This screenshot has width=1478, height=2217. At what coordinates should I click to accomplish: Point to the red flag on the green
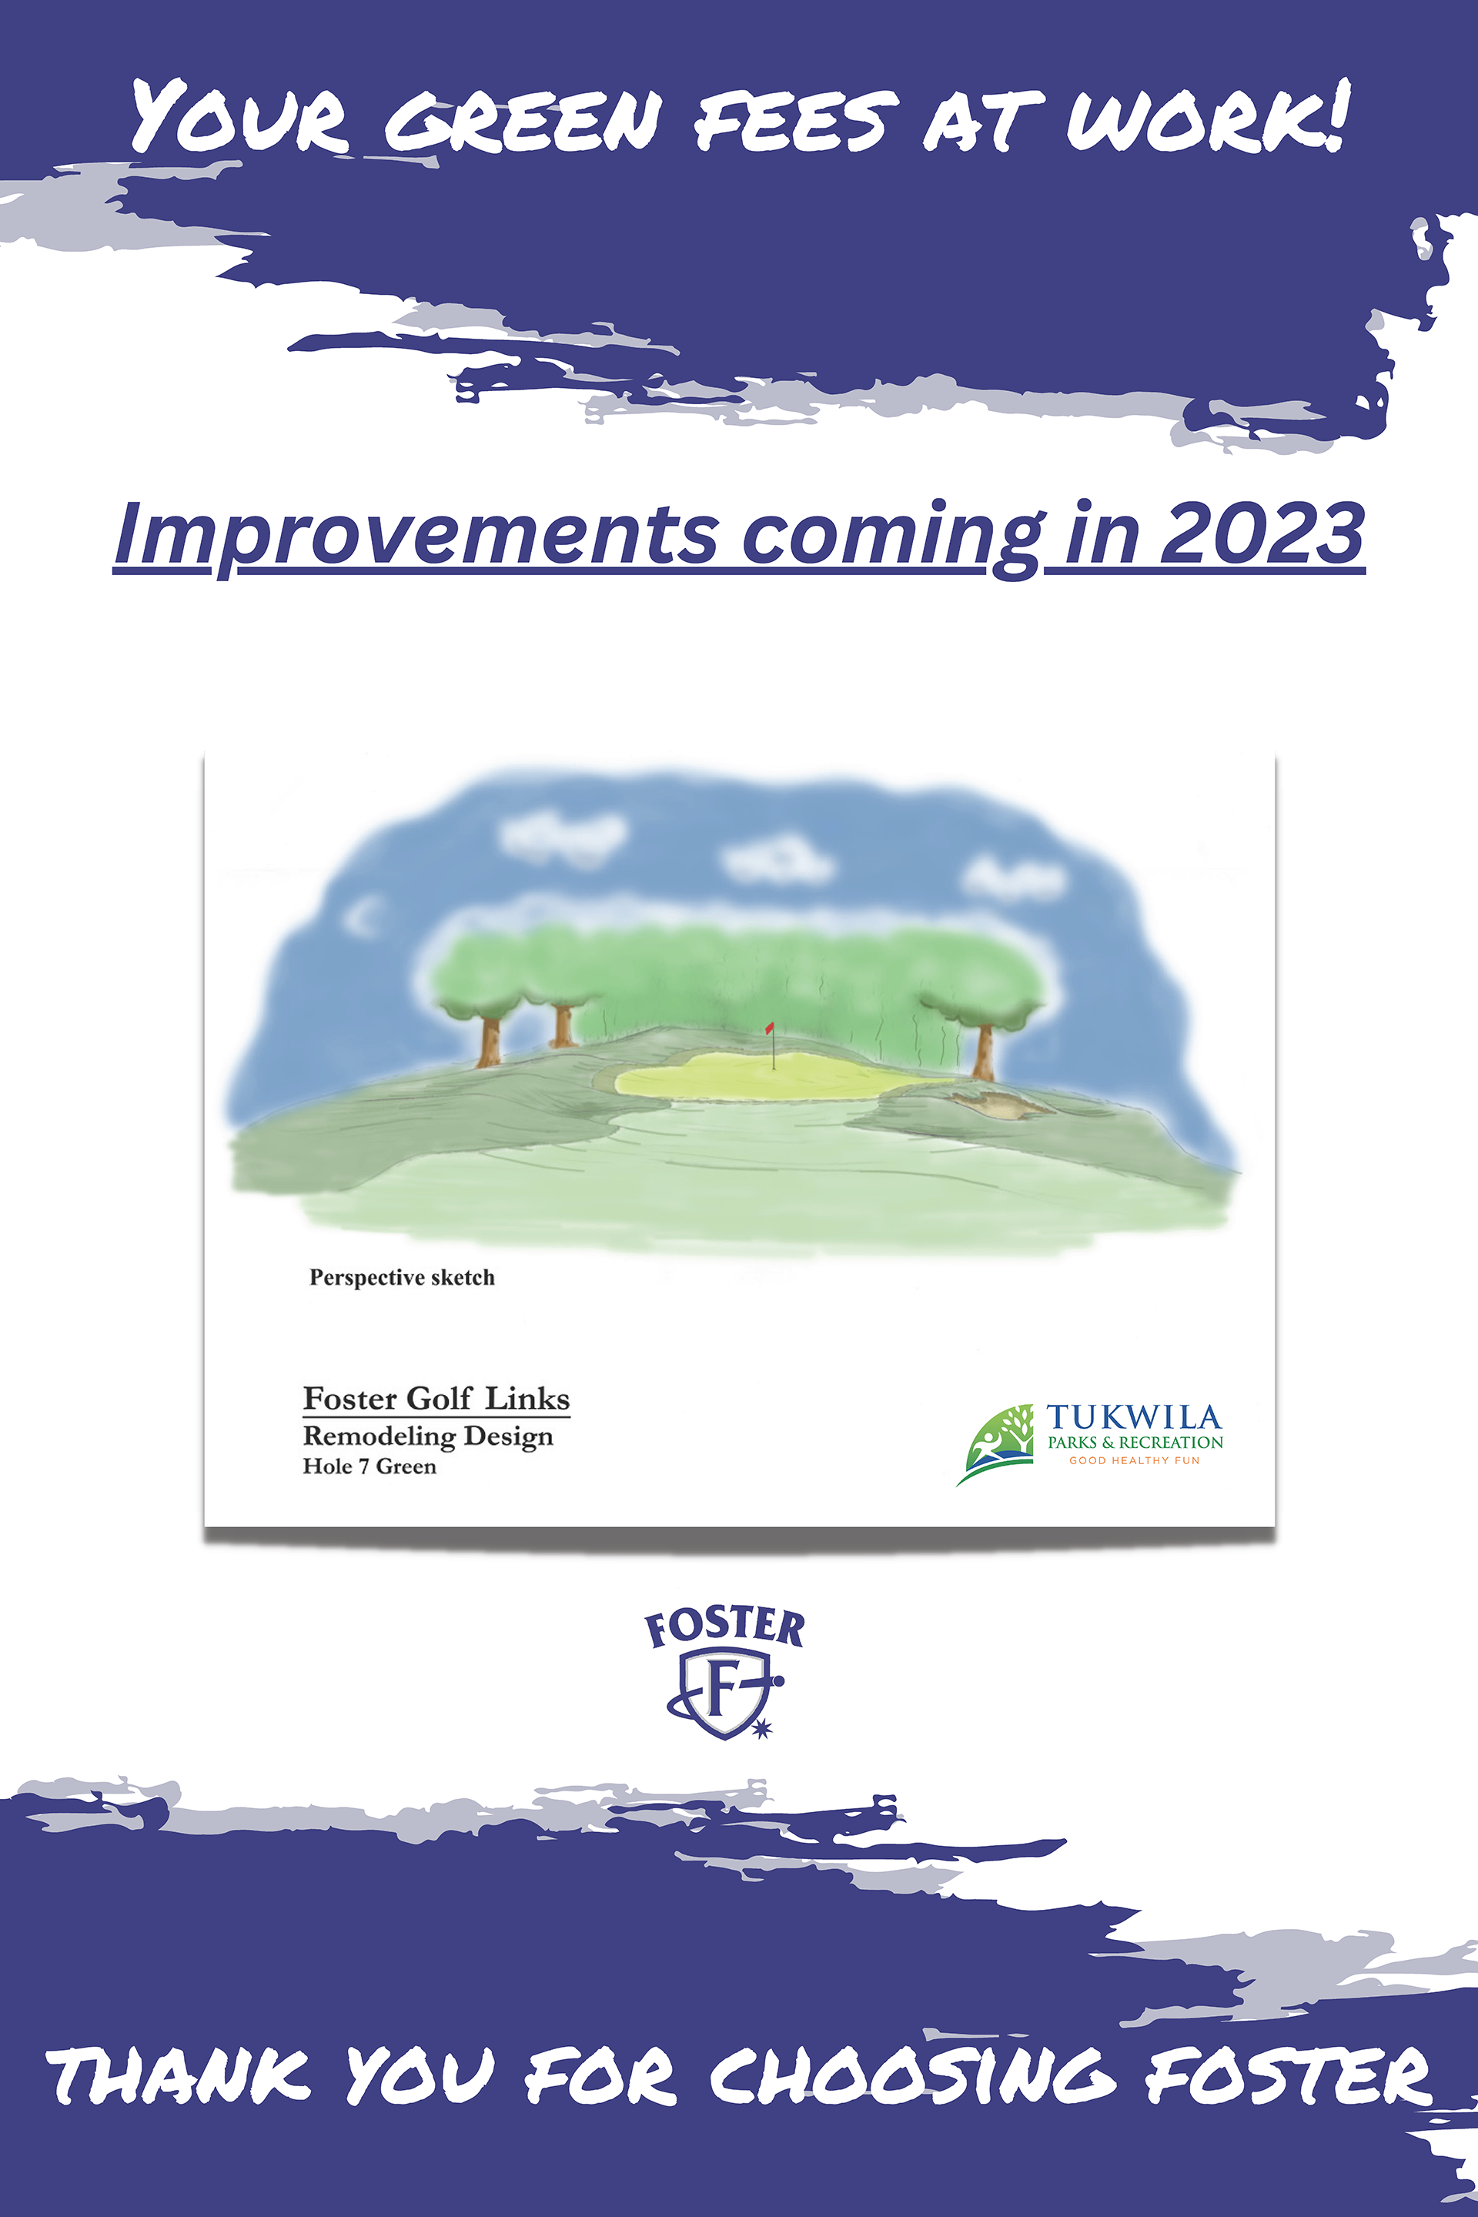point(770,1028)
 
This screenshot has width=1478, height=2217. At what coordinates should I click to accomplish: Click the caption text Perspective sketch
point(402,1277)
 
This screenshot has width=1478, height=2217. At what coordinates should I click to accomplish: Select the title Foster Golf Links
point(436,1398)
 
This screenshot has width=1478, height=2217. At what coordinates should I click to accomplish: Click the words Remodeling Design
point(428,1436)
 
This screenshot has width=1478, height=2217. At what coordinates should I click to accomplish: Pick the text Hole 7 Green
point(369,1466)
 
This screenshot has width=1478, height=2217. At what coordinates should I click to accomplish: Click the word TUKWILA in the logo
point(1133,1416)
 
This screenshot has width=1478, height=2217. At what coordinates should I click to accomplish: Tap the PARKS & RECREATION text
point(1135,1442)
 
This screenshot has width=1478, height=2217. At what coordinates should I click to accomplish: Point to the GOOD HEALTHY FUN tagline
point(1134,1461)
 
